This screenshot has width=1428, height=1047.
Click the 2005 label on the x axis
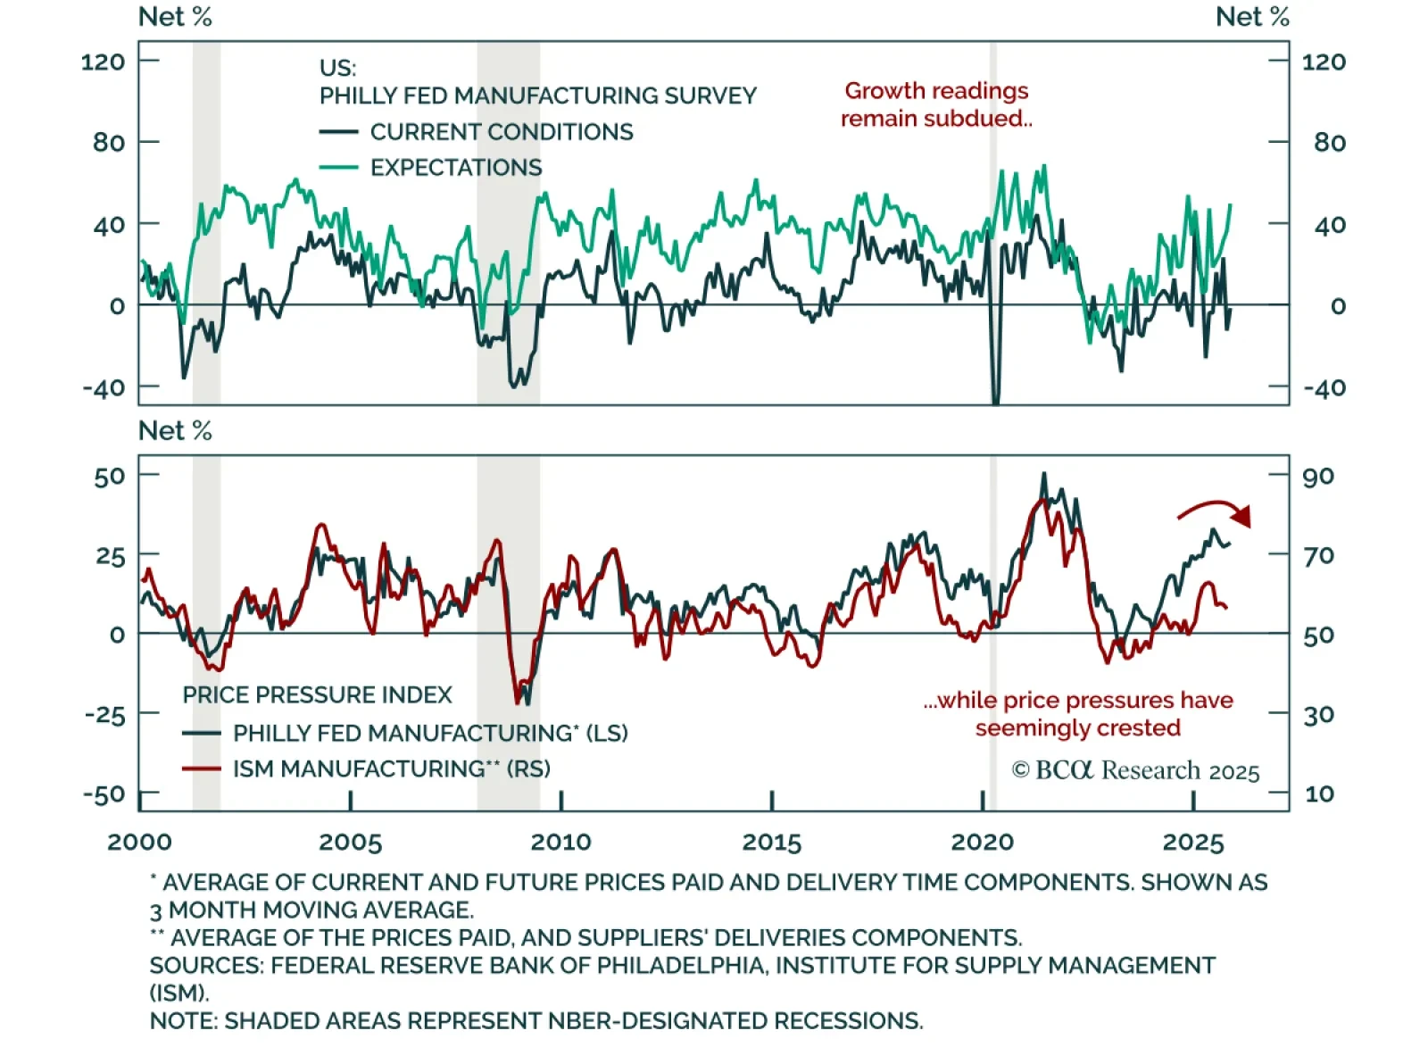click(350, 842)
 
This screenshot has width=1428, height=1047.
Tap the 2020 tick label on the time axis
click(982, 842)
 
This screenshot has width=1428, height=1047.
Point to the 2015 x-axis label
click(772, 842)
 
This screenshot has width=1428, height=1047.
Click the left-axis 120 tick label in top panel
click(103, 62)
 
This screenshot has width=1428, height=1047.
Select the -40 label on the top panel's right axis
click(1324, 388)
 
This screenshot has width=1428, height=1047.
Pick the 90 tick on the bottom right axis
click(1318, 476)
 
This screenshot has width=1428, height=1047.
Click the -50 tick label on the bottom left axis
click(104, 794)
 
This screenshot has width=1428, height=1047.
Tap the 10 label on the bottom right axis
click(1318, 794)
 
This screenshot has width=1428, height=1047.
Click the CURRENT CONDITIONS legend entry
click(501, 132)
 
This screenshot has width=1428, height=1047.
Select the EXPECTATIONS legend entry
click(455, 168)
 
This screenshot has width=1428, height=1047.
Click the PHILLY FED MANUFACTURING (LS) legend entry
click(430, 733)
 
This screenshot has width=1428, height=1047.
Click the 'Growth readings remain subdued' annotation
click(936, 104)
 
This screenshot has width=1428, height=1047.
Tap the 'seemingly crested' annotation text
click(1077, 727)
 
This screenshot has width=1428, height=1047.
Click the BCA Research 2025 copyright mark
click(1135, 770)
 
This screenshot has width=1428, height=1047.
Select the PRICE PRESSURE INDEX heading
click(317, 694)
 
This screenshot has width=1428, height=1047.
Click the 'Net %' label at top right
click(1252, 17)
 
